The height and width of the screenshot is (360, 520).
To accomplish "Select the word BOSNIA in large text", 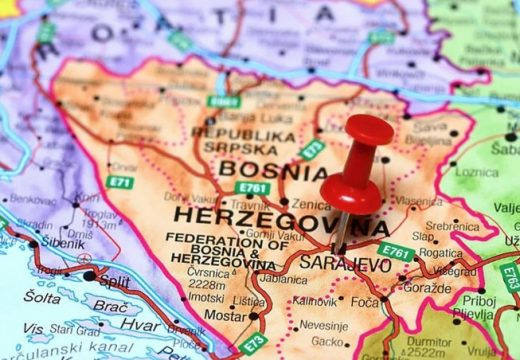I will tap(259, 170).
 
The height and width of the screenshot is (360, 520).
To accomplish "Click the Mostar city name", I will tap(226, 315).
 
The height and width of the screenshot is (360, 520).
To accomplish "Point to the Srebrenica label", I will tap(452, 225).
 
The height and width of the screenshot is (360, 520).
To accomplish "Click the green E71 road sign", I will tap(120, 182).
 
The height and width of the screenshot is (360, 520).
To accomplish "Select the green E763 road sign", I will tap(510, 276).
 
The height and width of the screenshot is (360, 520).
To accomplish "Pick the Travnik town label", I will tap(250, 204).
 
